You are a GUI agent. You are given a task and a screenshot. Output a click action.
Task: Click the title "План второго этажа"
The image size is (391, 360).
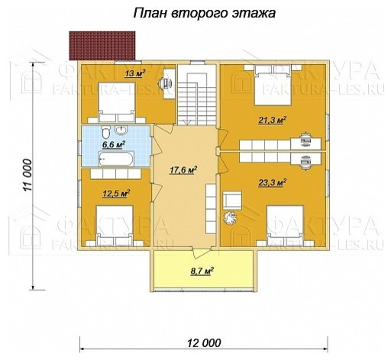point(205,13)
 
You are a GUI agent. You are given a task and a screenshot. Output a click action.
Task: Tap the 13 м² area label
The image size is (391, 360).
point(135,72)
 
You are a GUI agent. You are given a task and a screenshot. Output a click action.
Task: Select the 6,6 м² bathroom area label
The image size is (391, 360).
point(114,145)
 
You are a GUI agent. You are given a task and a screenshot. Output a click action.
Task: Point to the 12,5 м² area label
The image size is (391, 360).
point(116,193)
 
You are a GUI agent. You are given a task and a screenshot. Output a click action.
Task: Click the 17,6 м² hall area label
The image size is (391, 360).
point(183,170)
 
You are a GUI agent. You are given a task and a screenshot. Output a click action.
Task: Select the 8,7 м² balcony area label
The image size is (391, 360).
point(202,271)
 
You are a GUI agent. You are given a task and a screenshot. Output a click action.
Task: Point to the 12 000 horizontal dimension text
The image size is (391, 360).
point(205,343)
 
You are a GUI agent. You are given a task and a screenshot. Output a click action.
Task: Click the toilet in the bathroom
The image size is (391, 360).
point(105,131)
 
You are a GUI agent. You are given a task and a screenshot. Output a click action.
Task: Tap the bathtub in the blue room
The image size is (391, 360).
point(116,159)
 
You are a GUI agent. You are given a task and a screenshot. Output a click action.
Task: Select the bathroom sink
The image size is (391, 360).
point(121,130)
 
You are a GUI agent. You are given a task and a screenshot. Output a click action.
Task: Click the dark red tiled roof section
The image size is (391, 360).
point(102,46)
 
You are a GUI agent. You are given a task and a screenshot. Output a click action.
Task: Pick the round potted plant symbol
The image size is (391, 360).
point(230,218)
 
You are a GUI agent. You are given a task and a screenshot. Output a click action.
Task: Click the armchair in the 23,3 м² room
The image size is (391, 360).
point(232,201)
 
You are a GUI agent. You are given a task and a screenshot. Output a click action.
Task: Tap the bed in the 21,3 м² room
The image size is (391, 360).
point(273,86)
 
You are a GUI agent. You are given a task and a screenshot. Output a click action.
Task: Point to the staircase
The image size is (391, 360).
point(197,95)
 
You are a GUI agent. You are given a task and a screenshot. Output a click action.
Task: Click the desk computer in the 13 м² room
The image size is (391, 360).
point(166,82)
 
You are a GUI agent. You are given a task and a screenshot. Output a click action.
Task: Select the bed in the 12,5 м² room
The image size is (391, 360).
point(115,225)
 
